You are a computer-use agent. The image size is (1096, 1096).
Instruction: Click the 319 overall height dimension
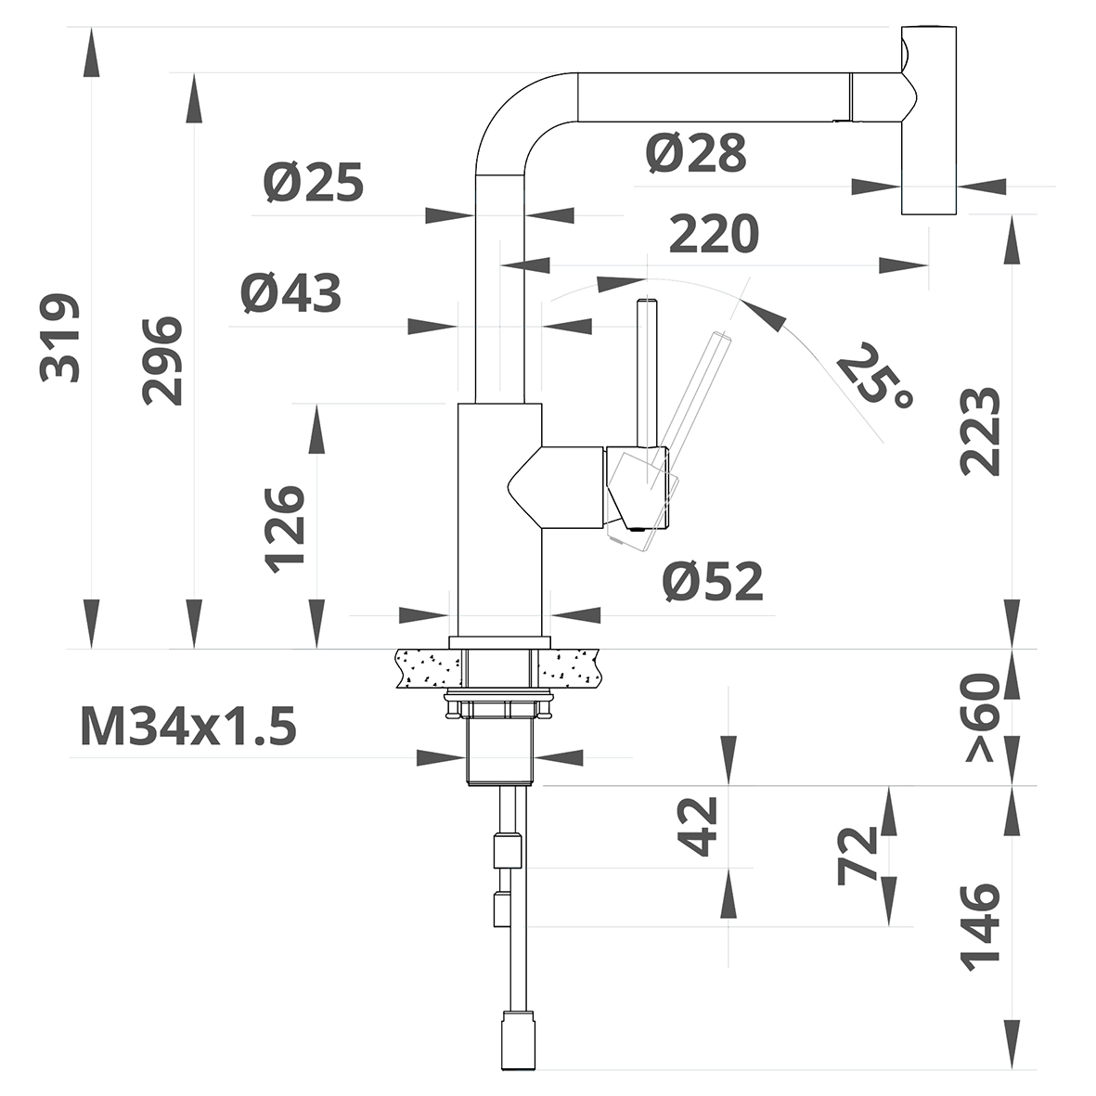click(x=61, y=338)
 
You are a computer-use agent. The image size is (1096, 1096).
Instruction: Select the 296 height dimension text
click(x=163, y=360)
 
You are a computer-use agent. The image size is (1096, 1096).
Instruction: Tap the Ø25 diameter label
click(x=313, y=183)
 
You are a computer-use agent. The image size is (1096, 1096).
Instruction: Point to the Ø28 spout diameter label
click(x=696, y=153)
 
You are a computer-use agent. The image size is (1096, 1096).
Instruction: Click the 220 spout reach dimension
click(x=714, y=234)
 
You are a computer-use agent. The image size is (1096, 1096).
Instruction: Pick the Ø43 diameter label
click(x=290, y=293)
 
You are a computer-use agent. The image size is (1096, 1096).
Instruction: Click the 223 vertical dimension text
click(x=980, y=432)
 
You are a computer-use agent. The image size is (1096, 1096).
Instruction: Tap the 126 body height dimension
click(x=285, y=528)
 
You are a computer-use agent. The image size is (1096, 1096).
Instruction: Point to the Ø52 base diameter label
click(x=713, y=582)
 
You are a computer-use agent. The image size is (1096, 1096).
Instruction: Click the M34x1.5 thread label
click(x=189, y=726)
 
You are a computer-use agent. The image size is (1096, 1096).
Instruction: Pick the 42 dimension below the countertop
click(x=701, y=825)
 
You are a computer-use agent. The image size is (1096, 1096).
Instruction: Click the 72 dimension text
click(x=858, y=855)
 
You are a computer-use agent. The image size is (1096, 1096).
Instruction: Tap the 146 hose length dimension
click(x=982, y=927)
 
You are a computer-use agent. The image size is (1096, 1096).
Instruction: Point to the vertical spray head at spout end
click(x=928, y=121)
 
